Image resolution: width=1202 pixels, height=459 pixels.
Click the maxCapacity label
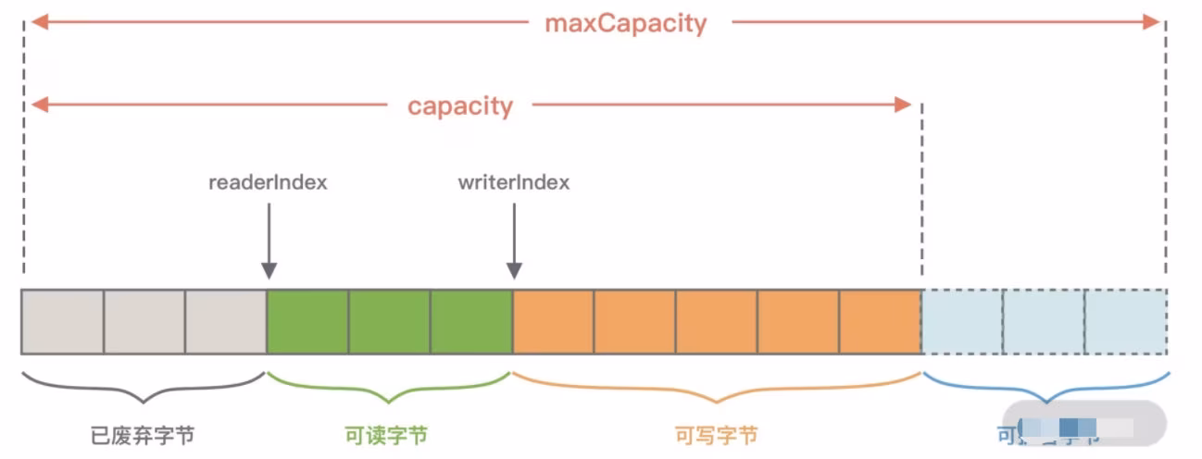(x=625, y=23)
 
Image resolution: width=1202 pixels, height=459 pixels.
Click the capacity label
(x=459, y=105)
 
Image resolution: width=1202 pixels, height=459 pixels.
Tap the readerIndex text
(x=269, y=182)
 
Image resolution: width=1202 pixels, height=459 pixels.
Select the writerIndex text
(x=514, y=182)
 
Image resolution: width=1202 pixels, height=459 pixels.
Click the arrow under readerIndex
(x=269, y=241)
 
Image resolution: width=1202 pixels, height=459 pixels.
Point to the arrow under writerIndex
(x=514, y=241)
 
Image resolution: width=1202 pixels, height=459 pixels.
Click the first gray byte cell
(x=62, y=321)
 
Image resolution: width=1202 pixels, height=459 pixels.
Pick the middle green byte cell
(x=389, y=321)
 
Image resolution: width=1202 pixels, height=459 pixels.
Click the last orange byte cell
(x=880, y=321)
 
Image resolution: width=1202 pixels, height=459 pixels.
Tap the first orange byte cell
(x=553, y=321)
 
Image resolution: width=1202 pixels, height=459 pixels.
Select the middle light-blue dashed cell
(x=1043, y=321)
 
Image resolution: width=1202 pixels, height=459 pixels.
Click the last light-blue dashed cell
(x=1124, y=321)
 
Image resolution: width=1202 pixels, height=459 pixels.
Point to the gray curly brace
(x=144, y=389)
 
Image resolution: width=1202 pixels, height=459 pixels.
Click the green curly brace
(x=388, y=389)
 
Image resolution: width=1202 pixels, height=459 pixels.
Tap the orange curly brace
(x=717, y=389)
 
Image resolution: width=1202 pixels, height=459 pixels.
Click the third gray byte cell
(x=225, y=321)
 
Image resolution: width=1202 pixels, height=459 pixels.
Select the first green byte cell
(x=307, y=321)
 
